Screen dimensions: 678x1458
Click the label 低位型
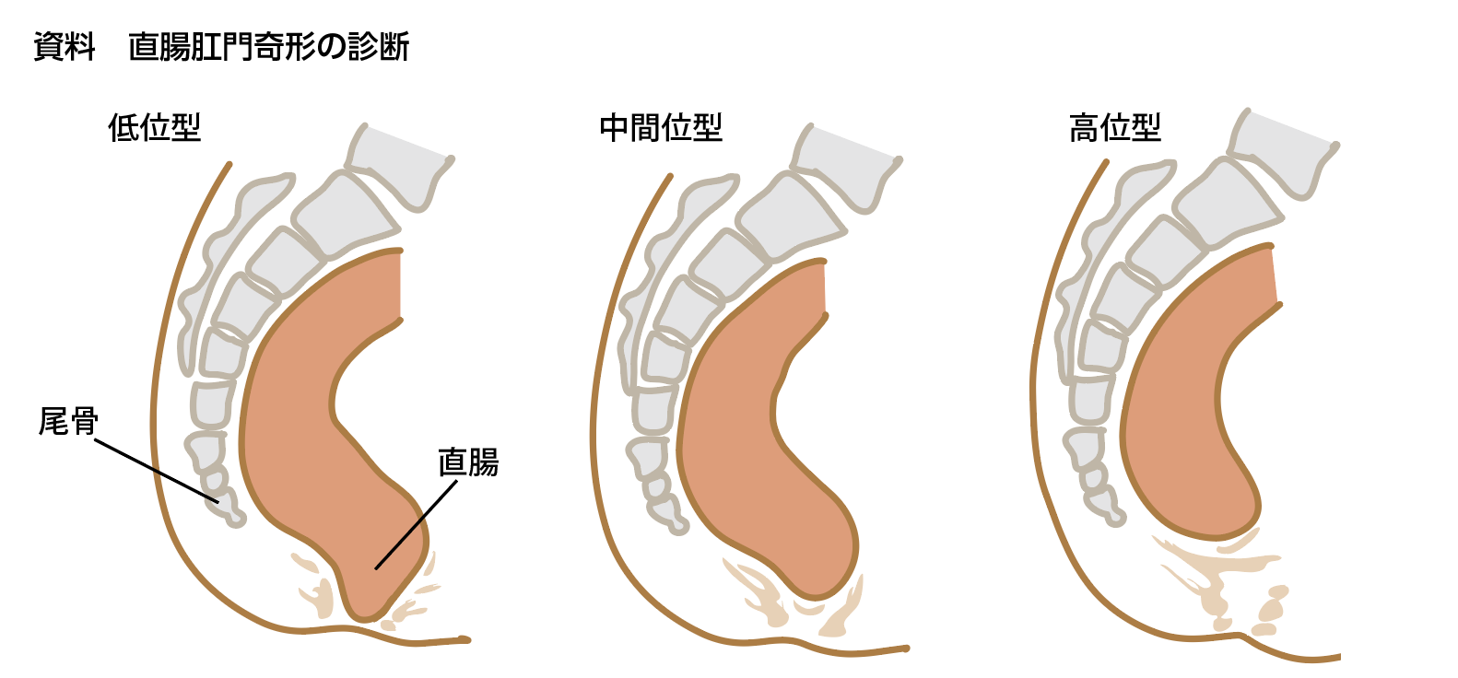coord(154,127)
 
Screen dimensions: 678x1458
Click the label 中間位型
coord(660,127)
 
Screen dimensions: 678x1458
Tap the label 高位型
coord(1114,127)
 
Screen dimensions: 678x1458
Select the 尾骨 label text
coord(67,422)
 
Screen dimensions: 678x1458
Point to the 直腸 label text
coord(468,462)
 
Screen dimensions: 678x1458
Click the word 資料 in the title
coord(65,46)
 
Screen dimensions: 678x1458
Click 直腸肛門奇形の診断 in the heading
coord(268,46)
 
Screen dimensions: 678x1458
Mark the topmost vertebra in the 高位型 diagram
coord(1281,152)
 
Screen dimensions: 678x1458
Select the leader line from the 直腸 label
coord(415,523)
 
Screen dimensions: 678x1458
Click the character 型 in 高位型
coord(1146,127)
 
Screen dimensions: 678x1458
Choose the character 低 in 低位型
coord(123,127)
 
